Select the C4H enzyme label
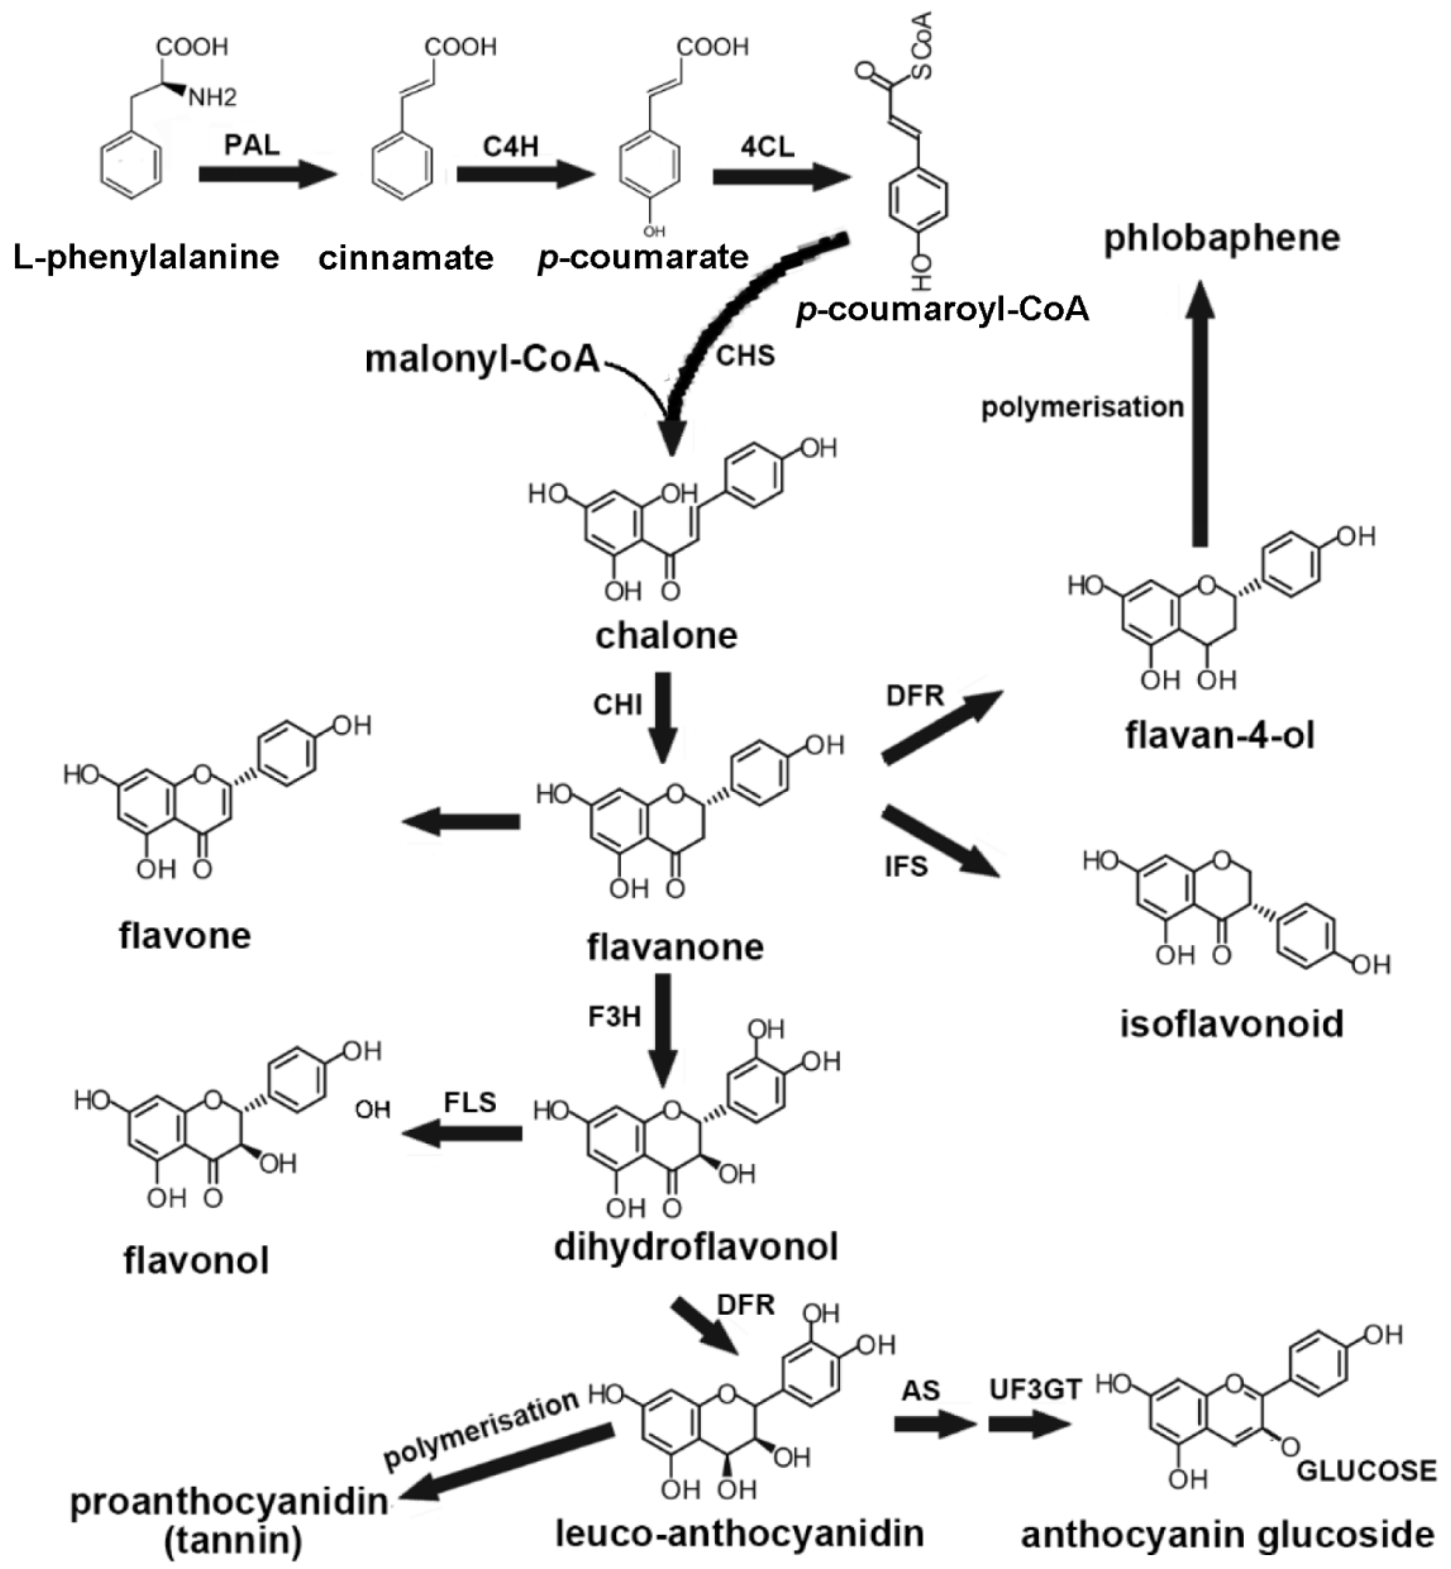pos(510,146)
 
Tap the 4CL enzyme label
pos(767,146)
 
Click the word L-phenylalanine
pos(147,257)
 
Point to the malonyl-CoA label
pos(482,360)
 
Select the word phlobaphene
pos(1222,238)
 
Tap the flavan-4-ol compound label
pos(1220,736)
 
